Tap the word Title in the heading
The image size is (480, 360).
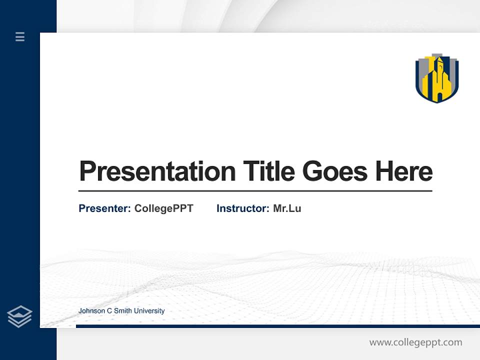pos(269,171)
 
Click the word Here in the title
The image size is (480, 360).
pos(403,171)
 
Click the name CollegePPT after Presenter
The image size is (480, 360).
pos(163,208)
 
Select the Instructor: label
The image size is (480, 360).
pos(243,208)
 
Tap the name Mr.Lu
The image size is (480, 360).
pos(287,208)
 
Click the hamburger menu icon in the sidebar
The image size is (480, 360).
pos(20,36)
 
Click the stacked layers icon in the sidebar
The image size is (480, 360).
pos(19,316)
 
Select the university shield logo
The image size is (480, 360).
pos(437,78)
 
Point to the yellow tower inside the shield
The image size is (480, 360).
pos(438,80)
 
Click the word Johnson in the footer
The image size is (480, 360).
pos(90,311)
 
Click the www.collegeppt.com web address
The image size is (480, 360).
pos(415,342)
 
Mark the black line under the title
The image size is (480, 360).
pos(255,191)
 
